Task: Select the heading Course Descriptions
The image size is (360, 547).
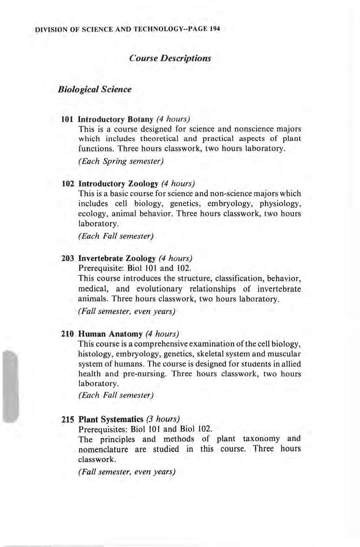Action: tap(170, 58)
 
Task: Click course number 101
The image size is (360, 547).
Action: tap(67, 120)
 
